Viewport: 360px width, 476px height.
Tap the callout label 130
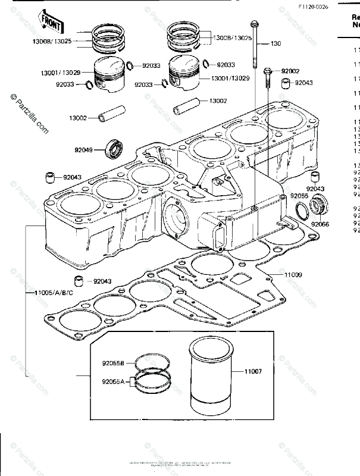[276, 43]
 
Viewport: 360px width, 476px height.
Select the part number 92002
[291, 70]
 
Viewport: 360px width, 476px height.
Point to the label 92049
[84, 149]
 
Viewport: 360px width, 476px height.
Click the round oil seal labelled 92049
[114, 148]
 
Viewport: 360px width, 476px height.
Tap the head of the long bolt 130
[254, 24]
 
